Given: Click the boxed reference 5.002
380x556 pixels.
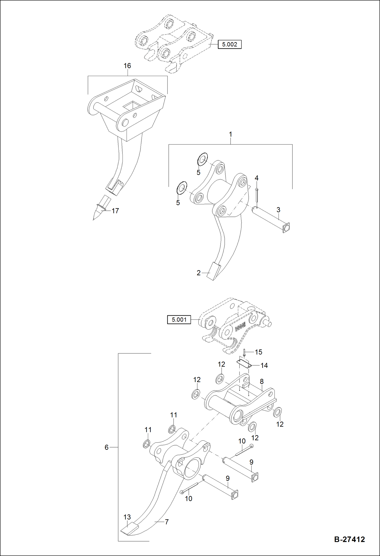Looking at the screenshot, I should pyautogui.click(x=230, y=44).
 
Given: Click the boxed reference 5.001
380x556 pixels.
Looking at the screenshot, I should pyautogui.click(x=179, y=319).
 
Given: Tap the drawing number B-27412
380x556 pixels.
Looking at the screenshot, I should pyautogui.click(x=349, y=539).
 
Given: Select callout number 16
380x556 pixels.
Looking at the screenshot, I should pyautogui.click(x=127, y=66).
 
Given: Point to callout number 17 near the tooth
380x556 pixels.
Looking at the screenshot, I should pyautogui.click(x=115, y=211).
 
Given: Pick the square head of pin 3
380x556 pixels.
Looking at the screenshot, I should pyautogui.click(x=286, y=228).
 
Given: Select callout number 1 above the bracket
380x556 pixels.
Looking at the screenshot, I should pyautogui.click(x=230, y=134).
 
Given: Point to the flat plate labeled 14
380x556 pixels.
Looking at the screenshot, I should pyautogui.click(x=244, y=364).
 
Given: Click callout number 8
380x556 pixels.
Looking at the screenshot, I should pyautogui.click(x=262, y=381).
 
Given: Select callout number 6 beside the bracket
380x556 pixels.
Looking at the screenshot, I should pyautogui.click(x=107, y=447).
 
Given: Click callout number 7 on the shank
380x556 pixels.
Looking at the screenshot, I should pyautogui.click(x=167, y=522).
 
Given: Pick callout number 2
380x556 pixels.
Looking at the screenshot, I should pyautogui.click(x=199, y=273).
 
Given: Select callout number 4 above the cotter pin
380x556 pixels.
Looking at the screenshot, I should pyautogui.click(x=256, y=178).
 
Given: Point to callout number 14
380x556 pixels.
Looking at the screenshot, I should pyautogui.click(x=264, y=365).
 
